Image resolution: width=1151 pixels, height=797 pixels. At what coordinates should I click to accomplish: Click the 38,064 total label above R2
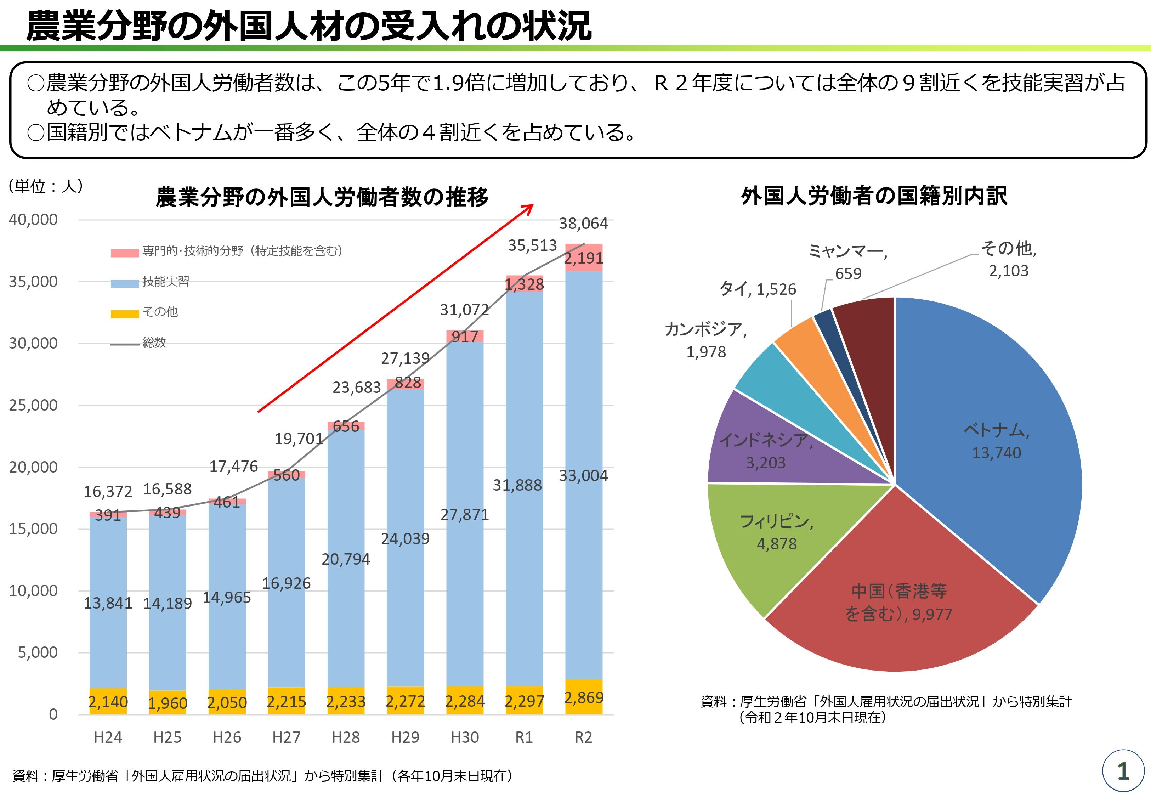click(x=583, y=224)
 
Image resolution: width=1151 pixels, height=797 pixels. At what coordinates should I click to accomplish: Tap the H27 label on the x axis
click(x=287, y=737)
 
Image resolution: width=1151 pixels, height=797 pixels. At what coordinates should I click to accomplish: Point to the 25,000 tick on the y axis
click(x=33, y=405)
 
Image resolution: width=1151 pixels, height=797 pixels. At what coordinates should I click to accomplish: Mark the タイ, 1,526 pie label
click(x=757, y=289)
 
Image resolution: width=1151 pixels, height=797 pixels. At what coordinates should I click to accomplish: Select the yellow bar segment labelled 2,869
click(x=584, y=697)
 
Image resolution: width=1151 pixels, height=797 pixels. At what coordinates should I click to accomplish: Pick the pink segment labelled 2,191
click(x=584, y=258)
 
